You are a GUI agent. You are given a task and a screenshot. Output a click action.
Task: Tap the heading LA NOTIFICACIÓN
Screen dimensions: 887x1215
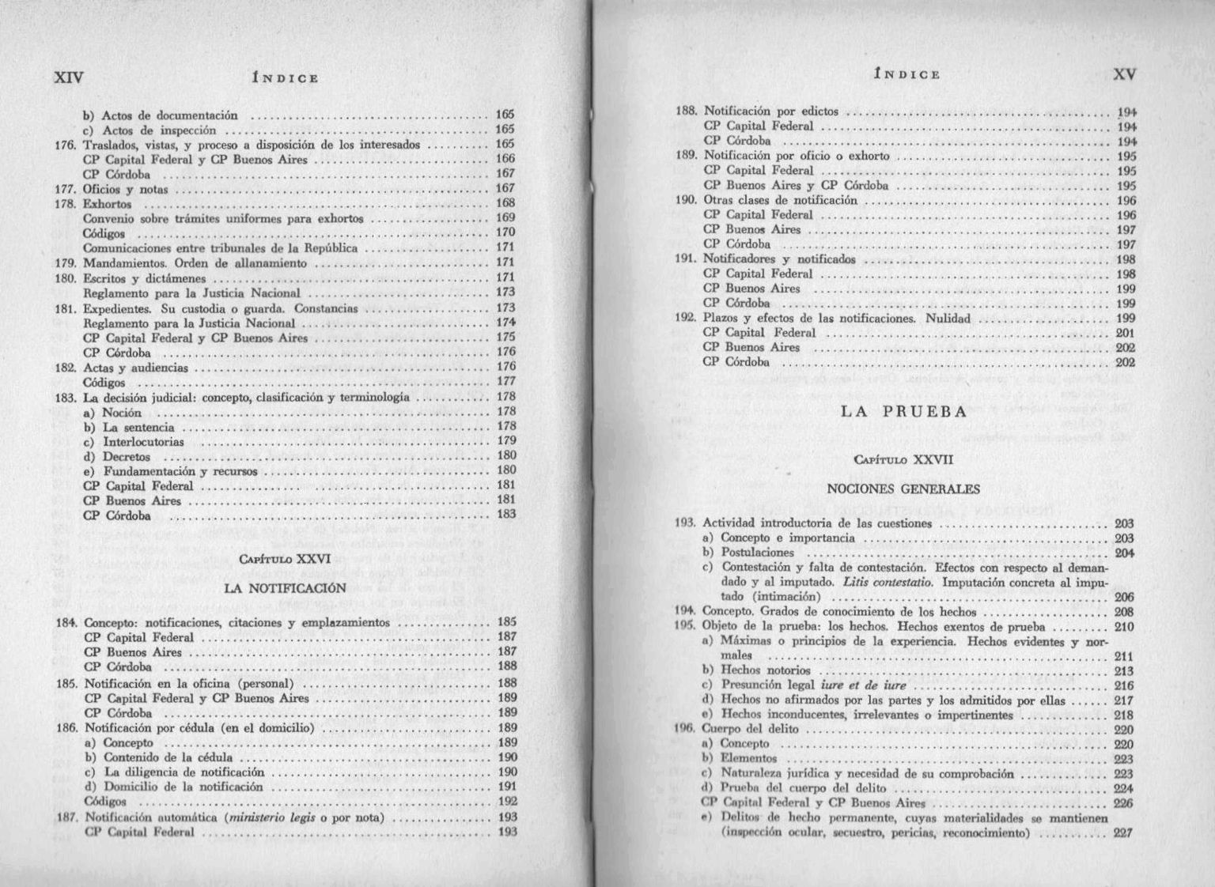pyautogui.click(x=286, y=588)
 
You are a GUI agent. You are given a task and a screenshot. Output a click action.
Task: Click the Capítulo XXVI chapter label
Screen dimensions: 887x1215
pyautogui.click(x=285, y=559)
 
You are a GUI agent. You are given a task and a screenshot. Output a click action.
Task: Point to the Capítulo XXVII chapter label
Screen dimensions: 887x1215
pyautogui.click(x=903, y=459)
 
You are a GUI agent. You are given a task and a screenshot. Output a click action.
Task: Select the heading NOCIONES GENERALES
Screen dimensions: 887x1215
pyautogui.click(x=903, y=489)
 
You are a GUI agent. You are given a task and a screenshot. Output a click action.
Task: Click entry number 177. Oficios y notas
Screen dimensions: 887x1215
pyautogui.click(x=125, y=189)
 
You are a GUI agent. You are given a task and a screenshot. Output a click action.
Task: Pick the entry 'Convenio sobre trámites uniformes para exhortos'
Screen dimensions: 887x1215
pyautogui.click(x=223, y=218)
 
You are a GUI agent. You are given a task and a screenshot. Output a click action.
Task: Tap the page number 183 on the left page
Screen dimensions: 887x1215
pyautogui.click(x=506, y=515)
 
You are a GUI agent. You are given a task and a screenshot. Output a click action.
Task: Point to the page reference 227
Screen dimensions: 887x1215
pyautogui.click(x=1123, y=832)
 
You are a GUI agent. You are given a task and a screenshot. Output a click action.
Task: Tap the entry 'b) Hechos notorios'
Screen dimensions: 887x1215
pyautogui.click(x=750, y=670)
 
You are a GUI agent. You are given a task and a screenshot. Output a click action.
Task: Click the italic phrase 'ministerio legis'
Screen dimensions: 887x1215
pyautogui.click(x=270, y=817)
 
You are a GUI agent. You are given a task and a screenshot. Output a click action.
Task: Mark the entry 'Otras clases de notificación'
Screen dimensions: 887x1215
pyautogui.click(x=780, y=200)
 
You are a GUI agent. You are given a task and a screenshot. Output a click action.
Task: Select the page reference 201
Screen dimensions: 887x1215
pyautogui.click(x=1126, y=333)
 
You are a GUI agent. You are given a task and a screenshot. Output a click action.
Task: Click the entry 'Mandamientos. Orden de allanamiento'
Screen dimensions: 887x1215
pyautogui.click(x=195, y=263)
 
